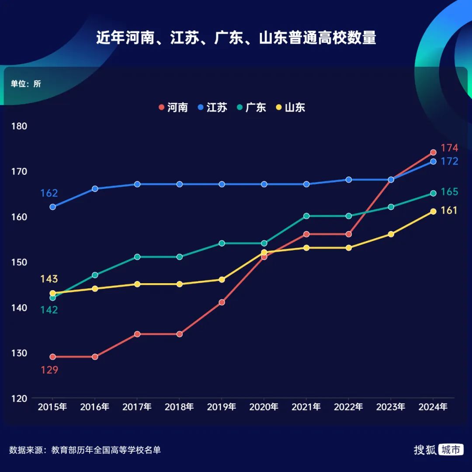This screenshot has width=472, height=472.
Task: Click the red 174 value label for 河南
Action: coord(449,148)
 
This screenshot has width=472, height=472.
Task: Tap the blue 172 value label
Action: coord(449,161)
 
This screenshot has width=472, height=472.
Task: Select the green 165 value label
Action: coord(449,192)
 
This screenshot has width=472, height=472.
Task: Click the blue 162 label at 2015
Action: coord(49,193)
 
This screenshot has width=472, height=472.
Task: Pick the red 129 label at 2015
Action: coord(49,370)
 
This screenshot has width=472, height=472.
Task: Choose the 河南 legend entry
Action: coord(173,108)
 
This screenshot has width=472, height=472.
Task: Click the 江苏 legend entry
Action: coord(212,108)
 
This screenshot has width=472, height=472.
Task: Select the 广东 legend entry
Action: coord(251,108)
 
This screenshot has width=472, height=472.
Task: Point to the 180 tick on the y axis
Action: coord(20,126)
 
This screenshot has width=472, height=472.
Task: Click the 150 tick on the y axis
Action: coord(20,262)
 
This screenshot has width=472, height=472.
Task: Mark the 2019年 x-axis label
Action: coord(222,407)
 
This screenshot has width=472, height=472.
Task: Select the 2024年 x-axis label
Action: coord(433,407)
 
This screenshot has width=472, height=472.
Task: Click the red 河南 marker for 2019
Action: coord(222,302)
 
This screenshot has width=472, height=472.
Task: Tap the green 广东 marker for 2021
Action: coord(306,216)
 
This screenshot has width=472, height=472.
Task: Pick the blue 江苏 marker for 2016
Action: coord(95,189)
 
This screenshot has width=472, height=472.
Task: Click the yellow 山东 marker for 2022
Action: coord(348,248)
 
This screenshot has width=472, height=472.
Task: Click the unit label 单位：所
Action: coord(26,84)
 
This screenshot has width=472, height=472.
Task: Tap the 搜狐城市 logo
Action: coord(438,450)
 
